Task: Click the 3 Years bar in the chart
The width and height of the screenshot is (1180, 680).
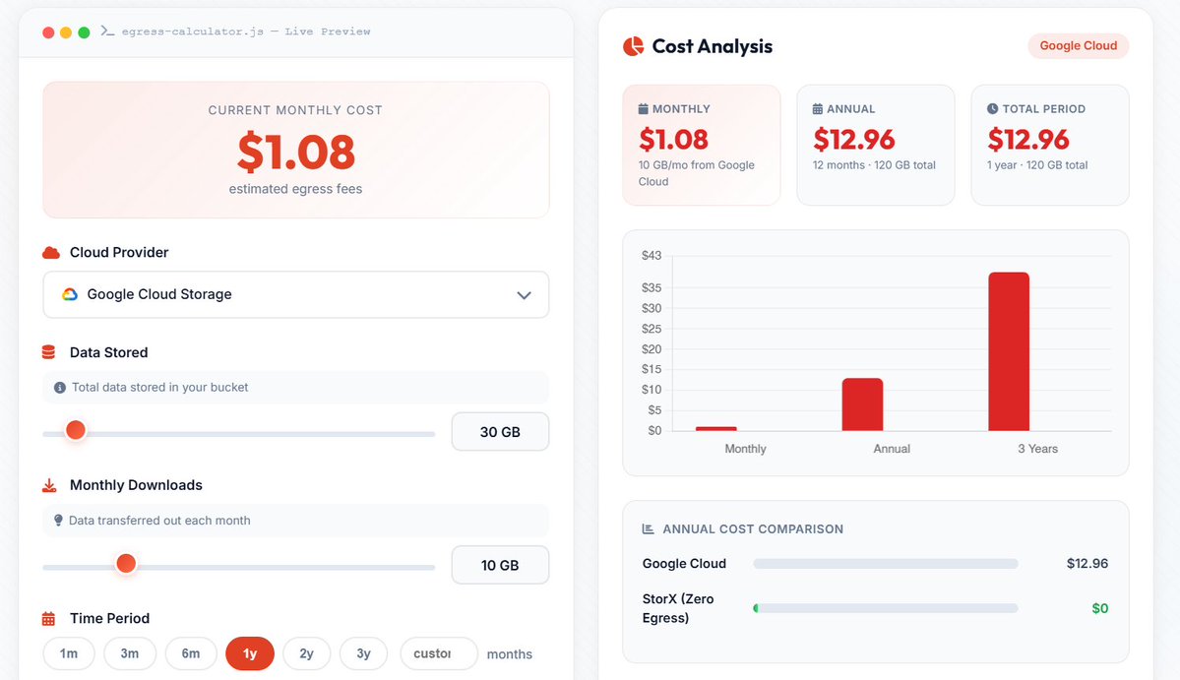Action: (1009, 351)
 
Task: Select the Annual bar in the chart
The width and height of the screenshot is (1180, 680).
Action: (862, 404)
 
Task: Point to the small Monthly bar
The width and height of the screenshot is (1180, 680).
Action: (716, 428)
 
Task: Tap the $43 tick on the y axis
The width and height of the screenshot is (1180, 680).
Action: (651, 256)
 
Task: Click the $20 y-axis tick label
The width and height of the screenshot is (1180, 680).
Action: (651, 349)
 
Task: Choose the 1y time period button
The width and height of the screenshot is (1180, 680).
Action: (250, 653)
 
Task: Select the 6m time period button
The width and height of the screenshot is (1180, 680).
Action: (191, 653)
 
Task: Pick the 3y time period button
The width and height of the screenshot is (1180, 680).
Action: (363, 653)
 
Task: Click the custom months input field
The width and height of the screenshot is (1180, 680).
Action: (438, 653)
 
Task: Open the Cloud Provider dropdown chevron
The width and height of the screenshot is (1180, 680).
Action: (524, 295)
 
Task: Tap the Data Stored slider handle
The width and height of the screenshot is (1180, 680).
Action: (75, 431)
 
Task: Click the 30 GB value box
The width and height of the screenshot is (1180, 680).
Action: (500, 432)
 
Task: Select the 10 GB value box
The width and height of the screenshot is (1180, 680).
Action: (500, 566)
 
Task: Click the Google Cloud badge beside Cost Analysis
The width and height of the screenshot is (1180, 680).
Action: (1079, 46)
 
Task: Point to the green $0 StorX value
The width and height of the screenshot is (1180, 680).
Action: (1099, 609)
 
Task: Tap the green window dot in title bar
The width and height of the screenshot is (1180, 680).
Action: (84, 32)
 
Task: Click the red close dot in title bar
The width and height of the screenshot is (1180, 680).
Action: (48, 32)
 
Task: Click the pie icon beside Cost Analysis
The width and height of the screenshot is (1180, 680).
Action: (633, 46)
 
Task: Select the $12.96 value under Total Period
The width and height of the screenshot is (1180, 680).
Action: (1028, 140)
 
